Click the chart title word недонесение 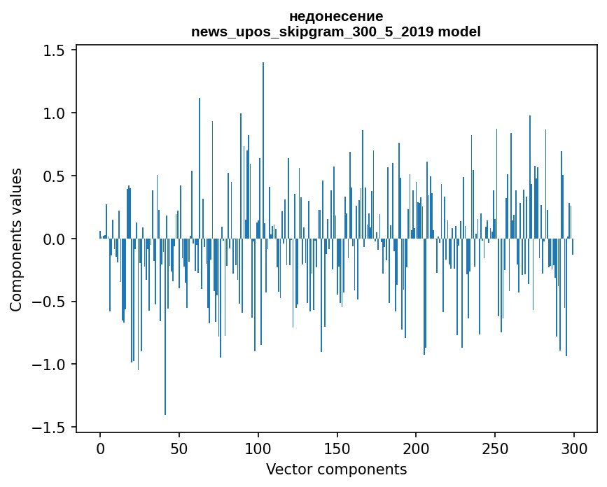tap(336, 16)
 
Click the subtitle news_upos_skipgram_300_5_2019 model tap(336, 31)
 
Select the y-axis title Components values tap(16, 239)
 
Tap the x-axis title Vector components tap(336, 469)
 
